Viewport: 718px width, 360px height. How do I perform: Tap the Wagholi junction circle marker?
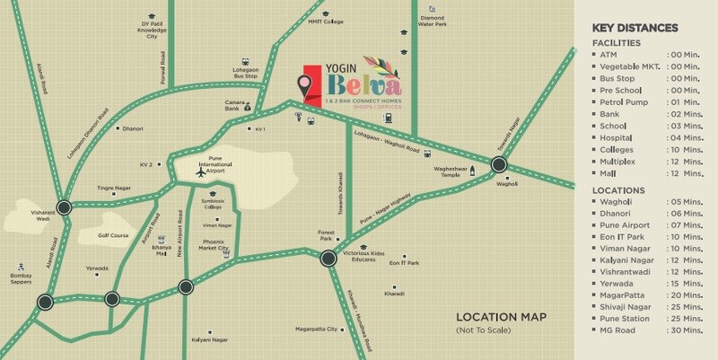pos(500,165)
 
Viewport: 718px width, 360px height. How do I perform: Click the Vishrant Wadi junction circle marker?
pos(64,207)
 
